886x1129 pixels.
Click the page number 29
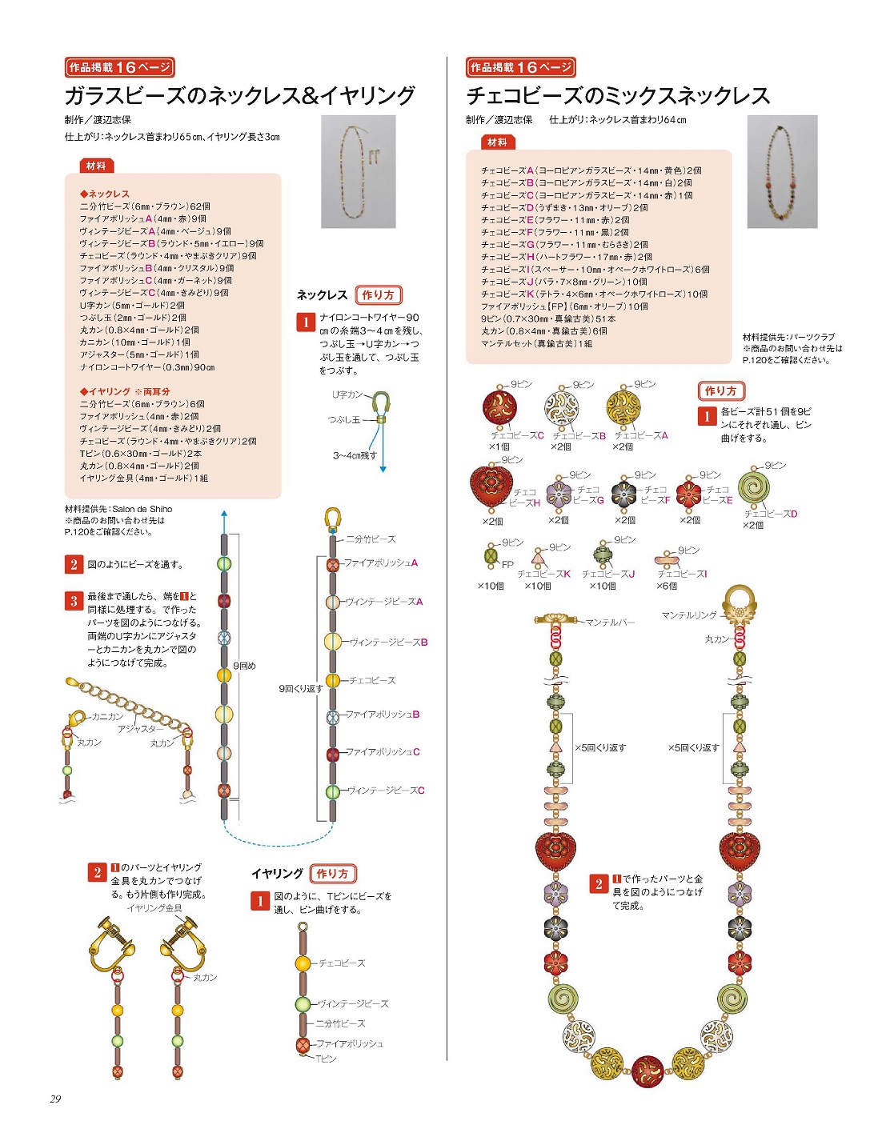pos(55,1099)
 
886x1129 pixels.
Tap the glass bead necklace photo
pos(358,171)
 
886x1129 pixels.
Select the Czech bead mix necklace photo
pos(782,171)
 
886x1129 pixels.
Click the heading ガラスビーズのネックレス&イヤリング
pos(239,96)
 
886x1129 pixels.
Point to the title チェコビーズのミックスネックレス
pos(618,96)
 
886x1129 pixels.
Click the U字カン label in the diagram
pos(347,394)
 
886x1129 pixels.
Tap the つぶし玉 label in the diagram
pos(344,419)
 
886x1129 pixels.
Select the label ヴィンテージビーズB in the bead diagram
pos(388,642)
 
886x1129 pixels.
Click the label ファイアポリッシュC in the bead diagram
pos(383,752)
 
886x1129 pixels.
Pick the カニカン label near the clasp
pos(107,717)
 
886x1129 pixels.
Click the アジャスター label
pos(140,729)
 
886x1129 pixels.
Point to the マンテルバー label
pos(610,622)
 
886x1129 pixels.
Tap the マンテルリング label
pos(688,615)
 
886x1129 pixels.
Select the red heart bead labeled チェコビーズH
pos(490,486)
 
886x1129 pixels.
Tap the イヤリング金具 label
pos(154,908)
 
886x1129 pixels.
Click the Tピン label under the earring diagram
pos(326,1059)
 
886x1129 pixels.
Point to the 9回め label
pos(244,666)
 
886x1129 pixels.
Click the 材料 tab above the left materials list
pos(95,166)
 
